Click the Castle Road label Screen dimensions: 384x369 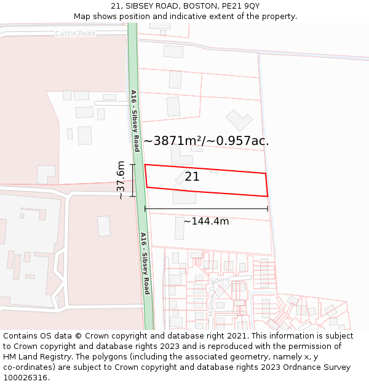point(75,33)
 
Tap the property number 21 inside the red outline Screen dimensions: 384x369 point(192,176)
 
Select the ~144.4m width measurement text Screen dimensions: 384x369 point(206,221)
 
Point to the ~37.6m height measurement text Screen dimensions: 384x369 point(121,180)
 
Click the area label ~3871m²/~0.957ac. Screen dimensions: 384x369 point(206,141)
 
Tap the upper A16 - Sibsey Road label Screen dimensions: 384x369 point(135,120)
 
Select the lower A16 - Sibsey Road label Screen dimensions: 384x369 point(145,263)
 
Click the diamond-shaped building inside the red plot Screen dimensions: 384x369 point(181,178)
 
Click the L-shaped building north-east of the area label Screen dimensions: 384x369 point(239,120)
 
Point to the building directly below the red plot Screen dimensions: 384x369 point(184,197)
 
